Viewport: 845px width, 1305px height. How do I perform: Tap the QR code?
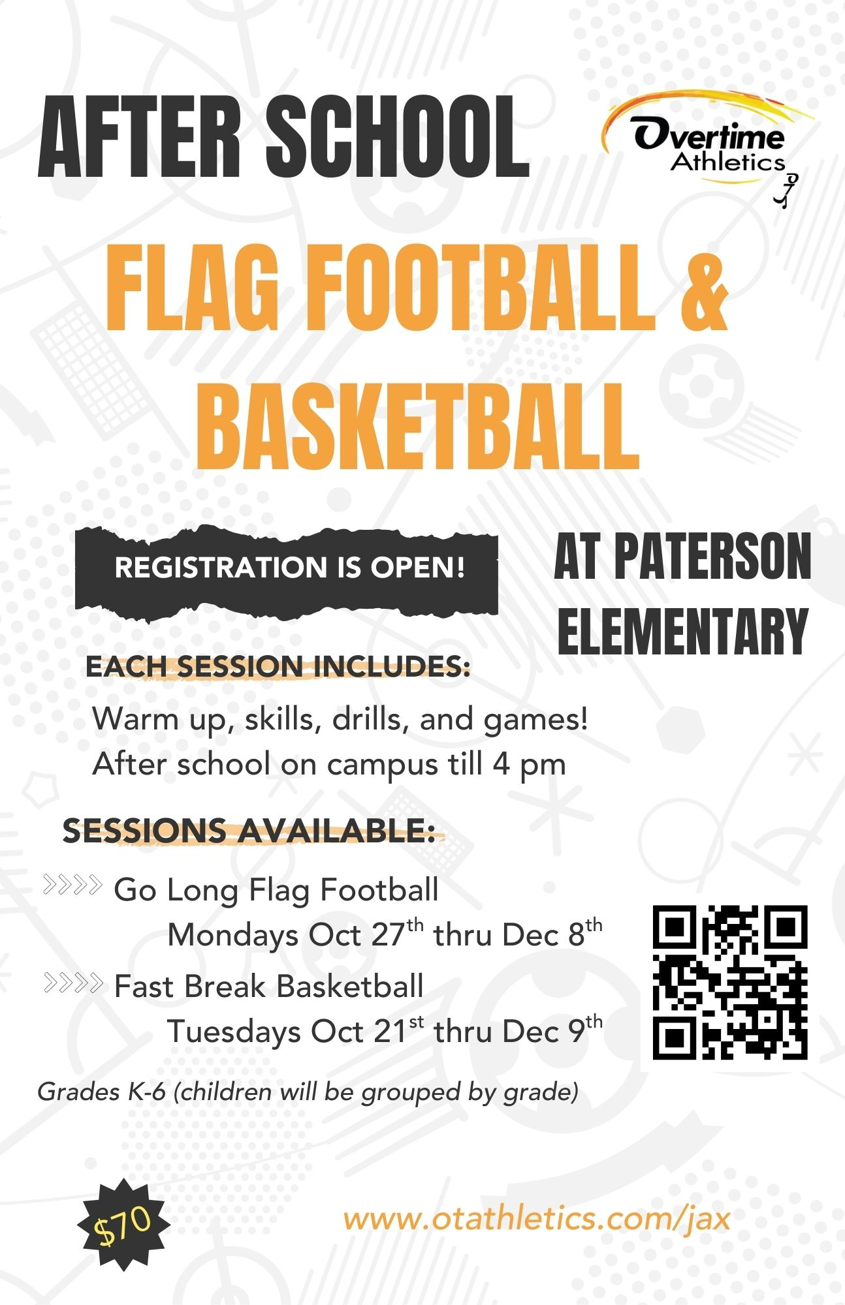(x=730, y=982)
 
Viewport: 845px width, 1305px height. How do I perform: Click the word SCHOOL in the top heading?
(x=397, y=138)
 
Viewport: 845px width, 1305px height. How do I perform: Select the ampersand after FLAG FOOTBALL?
(x=703, y=292)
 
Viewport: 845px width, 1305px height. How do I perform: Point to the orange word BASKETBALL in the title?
(x=417, y=427)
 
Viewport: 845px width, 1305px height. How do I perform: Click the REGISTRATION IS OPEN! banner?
(x=287, y=568)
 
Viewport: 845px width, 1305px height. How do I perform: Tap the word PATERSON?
(x=712, y=557)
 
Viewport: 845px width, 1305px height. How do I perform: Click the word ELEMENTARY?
(x=683, y=632)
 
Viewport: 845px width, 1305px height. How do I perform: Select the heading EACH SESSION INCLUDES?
(x=278, y=667)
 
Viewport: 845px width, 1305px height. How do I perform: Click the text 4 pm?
(x=529, y=764)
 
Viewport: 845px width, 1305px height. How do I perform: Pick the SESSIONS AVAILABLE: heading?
(x=248, y=831)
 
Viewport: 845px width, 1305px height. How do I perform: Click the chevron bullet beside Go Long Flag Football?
(x=72, y=886)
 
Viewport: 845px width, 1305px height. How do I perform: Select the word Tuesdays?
(x=233, y=1032)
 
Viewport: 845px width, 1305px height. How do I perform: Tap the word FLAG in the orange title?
(x=193, y=292)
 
